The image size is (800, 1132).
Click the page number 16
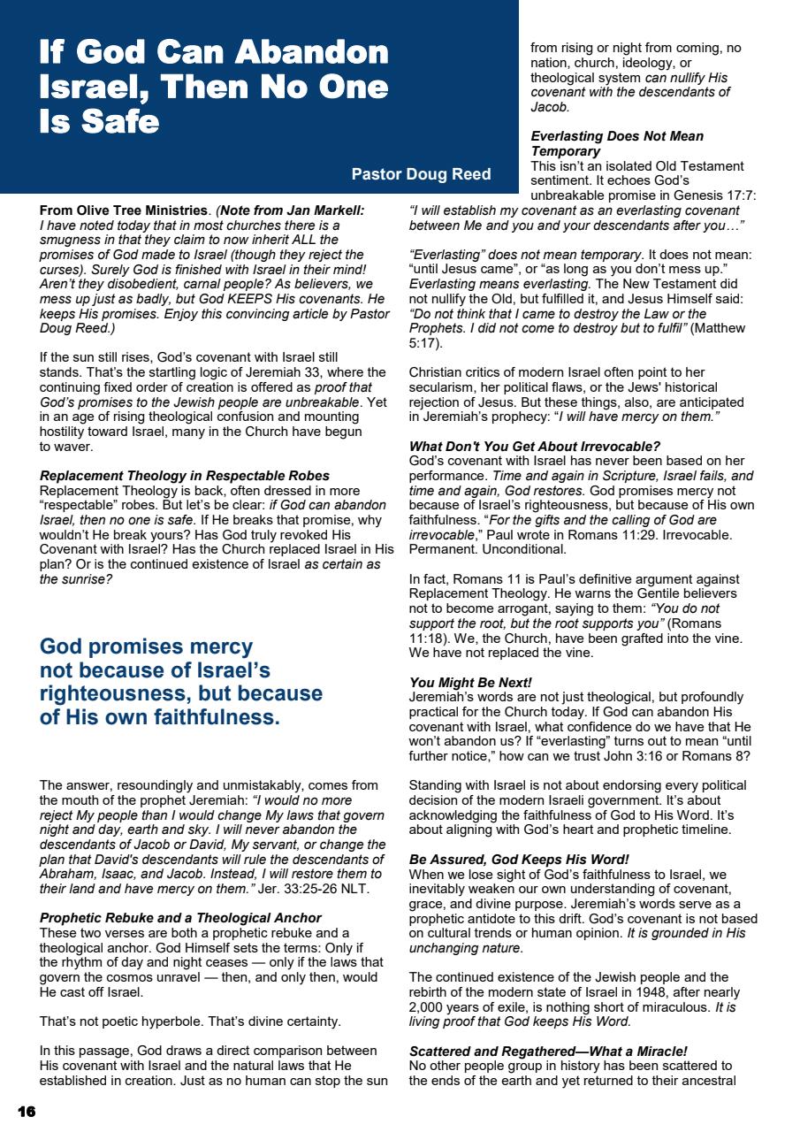[27, 1112]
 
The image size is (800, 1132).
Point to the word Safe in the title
[124, 122]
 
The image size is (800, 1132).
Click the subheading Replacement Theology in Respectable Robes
[185, 476]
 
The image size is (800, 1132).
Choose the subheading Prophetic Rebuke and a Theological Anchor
[180, 918]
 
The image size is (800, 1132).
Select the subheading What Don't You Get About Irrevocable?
[534, 446]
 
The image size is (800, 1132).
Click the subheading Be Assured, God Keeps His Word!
[519, 859]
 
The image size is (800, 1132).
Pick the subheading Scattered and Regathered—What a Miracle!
[548, 1051]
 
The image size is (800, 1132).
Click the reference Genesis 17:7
[713, 196]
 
